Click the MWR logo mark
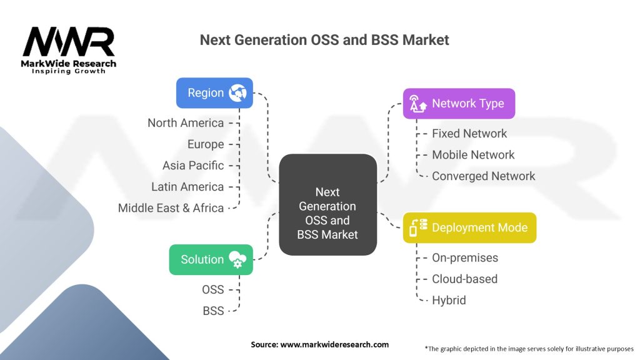pyautogui.click(x=69, y=42)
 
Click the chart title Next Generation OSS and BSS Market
pyautogui.click(x=324, y=40)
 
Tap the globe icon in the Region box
pyautogui.click(x=237, y=93)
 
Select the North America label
pyautogui.click(x=186, y=123)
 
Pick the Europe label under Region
pyautogui.click(x=206, y=144)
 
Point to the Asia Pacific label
pyautogui.click(x=193, y=165)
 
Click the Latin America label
pyautogui.click(x=187, y=186)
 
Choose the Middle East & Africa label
pyautogui.click(x=171, y=207)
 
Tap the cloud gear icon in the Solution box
pyautogui.click(x=237, y=259)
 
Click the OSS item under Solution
pyautogui.click(x=213, y=289)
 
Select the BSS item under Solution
pyautogui.click(x=214, y=311)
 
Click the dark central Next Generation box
pyautogui.click(x=327, y=204)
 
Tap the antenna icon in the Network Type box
pyautogui.click(x=417, y=104)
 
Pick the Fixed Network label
pyautogui.click(x=469, y=134)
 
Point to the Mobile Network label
pyautogui.click(x=474, y=155)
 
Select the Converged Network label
pyautogui.click(x=484, y=176)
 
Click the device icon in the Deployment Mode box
pyautogui.click(x=418, y=227)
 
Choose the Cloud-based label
pyautogui.click(x=465, y=279)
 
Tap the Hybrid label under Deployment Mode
pyautogui.click(x=449, y=301)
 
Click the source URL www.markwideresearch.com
pyautogui.click(x=335, y=344)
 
